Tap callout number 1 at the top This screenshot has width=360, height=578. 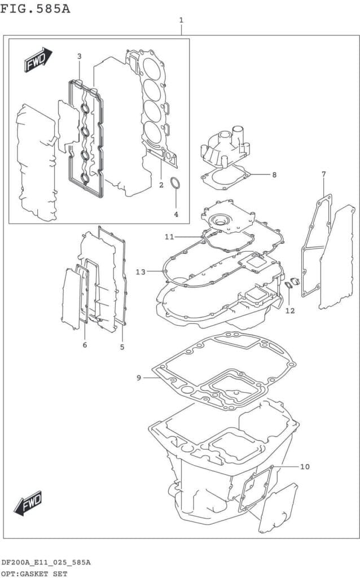click(181, 20)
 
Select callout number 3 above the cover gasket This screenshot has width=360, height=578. click(79, 56)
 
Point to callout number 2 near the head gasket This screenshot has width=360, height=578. click(161, 185)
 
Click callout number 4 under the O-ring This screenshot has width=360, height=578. click(176, 214)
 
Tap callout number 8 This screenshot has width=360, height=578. click(274, 175)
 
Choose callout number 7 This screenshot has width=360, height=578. click(323, 174)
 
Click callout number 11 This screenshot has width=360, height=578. click(169, 237)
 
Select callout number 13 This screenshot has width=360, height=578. click(141, 272)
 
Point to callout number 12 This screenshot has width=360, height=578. click(290, 311)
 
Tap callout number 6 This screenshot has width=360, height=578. click(85, 345)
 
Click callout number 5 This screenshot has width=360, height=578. click(122, 347)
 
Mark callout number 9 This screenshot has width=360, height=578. click(139, 378)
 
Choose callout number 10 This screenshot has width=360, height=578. click(305, 467)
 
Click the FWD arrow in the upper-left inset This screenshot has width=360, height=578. click(38, 59)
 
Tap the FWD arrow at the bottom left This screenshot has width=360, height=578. click(28, 503)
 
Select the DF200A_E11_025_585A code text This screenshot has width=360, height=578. click(46, 562)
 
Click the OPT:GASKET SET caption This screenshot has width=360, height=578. click(34, 574)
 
